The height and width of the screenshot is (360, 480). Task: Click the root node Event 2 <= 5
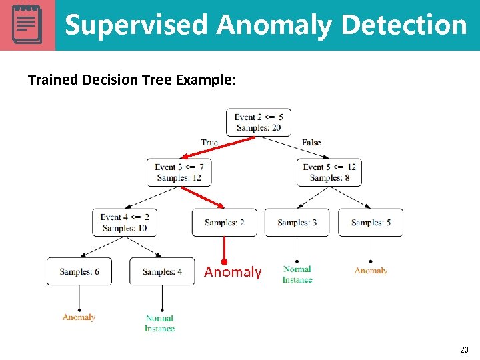pyautogui.click(x=258, y=122)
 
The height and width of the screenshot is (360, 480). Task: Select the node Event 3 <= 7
pyautogui.click(x=179, y=172)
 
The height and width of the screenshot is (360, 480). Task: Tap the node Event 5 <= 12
pyautogui.click(x=329, y=172)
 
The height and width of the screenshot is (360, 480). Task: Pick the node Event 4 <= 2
pyautogui.click(x=125, y=223)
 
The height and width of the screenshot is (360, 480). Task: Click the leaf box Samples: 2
pyautogui.click(x=224, y=223)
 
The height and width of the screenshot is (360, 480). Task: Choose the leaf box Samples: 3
pyautogui.click(x=297, y=223)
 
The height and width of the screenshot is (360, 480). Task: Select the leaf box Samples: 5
pyautogui.click(x=370, y=223)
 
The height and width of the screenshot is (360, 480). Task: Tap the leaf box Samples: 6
pyautogui.click(x=79, y=271)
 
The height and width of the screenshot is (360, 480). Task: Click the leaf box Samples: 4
pyautogui.click(x=162, y=271)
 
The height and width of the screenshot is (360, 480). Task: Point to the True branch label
pyautogui.click(x=209, y=142)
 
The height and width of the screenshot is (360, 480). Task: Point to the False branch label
pyautogui.click(x=311, y=142)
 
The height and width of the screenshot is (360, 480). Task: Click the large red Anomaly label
pyautogui.click(x=233, y=272)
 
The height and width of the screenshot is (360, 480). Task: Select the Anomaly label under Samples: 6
pyautogui.click(x=79, y=317)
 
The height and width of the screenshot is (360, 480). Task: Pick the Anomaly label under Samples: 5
pyautogui.click(x=371, y=271)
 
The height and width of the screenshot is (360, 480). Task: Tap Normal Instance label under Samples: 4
pyautogui.click(x=159, y=323)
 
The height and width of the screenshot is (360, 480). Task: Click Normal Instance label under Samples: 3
pyautogui.click(x=297, y=275)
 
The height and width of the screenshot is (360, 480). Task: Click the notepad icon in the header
pyautogui.click(x=27, y=25)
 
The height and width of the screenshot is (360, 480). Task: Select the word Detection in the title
pyautogui.click(x=404, y=25)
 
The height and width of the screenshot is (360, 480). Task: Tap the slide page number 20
pyautogui.click(x=464, y=349)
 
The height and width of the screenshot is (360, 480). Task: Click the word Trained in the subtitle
pyautogui.click(x=53, y=80)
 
